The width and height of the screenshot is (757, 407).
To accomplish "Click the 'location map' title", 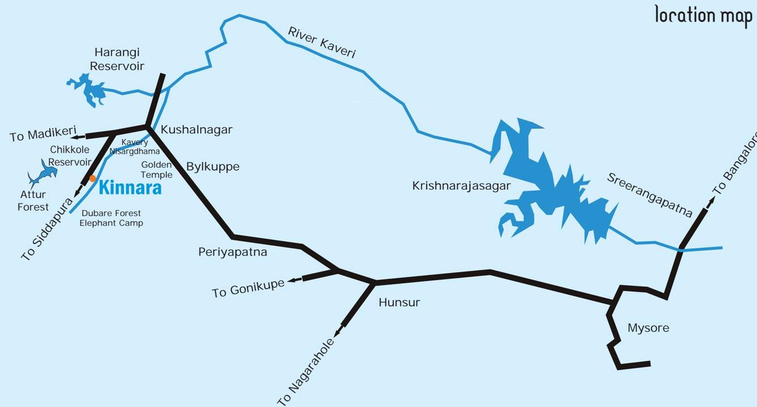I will pyautogui.click(x=703, y=15).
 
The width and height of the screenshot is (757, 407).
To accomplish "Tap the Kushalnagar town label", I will pyautogui.click(x=196, y=130).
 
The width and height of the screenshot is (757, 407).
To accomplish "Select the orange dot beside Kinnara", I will pyautogui.click(x=92, y=179).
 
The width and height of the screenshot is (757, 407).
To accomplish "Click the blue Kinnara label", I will pyautogui.click(x=130, y=188).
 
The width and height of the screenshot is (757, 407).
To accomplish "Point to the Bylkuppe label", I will pyautogui.click(x=212, y=167).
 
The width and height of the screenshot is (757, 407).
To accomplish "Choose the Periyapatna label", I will pyautogui.click(x=232, y=252).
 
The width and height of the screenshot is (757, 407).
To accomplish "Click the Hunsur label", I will pyautogui.click(x=399, y=302).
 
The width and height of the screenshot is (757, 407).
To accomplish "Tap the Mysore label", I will pyautogui.click(x=648, y=328).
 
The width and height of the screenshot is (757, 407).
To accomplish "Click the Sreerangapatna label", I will pyautogui.click(x=649, y=194).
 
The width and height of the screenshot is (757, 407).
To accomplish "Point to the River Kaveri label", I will pyautogui.click(x=321, y=43).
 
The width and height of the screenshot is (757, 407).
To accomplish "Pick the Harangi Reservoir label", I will pyautogui.click(x=119, y=59).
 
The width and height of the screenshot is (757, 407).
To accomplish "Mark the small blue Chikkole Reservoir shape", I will pyautogui.click(x=42, y=173).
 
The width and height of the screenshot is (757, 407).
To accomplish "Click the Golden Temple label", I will pyautogui.click(x=156, y=169).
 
